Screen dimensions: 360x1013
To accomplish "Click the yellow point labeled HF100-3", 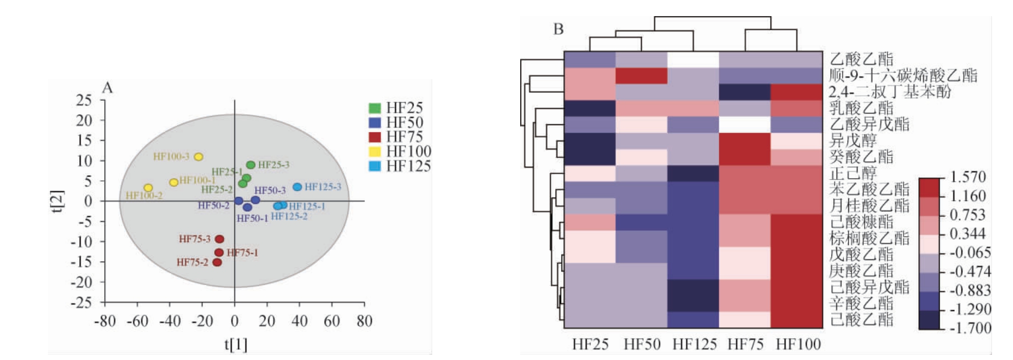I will click(198, 157).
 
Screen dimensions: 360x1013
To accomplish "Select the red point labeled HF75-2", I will click(218, 263).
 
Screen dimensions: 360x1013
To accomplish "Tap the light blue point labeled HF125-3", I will click(297, 187).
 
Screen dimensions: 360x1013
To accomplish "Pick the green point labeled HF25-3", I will click(251, 165).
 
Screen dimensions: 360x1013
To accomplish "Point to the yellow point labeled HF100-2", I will click(148, 188).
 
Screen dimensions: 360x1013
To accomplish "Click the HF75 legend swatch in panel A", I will click(374, 137).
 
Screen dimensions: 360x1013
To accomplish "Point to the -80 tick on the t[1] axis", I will click(105, 321).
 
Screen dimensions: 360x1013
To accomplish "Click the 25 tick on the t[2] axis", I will click(84, 100).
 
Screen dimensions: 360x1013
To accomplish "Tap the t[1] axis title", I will click(236, 344).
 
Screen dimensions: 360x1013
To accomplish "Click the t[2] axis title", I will click(57, 201).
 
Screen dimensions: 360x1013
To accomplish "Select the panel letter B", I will click(558, 29).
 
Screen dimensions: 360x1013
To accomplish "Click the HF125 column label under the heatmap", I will click(694, 344).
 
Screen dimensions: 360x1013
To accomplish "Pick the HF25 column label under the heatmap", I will click(590, 344).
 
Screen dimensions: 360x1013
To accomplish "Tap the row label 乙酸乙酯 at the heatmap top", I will click(861, 59).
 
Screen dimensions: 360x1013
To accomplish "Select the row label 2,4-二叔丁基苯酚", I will click(890, 91).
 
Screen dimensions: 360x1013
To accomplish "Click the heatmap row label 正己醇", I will click(853, 173).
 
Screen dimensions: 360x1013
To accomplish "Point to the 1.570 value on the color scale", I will click(968, 177).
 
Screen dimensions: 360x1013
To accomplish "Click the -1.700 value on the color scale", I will click(970, 328).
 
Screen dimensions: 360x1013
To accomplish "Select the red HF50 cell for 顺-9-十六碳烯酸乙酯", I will click(641, 76).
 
